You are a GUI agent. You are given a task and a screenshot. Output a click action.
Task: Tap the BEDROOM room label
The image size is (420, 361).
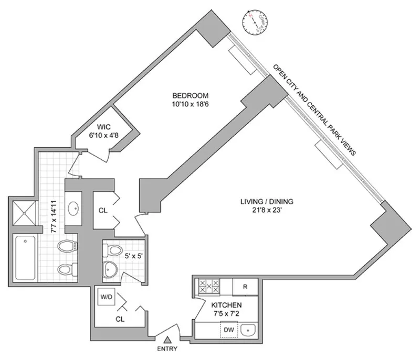(x=191, y=95)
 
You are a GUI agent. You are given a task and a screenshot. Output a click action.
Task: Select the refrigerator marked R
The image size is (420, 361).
(x=245, y=287)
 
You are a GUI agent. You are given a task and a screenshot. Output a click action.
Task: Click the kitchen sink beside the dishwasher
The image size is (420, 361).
(x=249, y=330)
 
